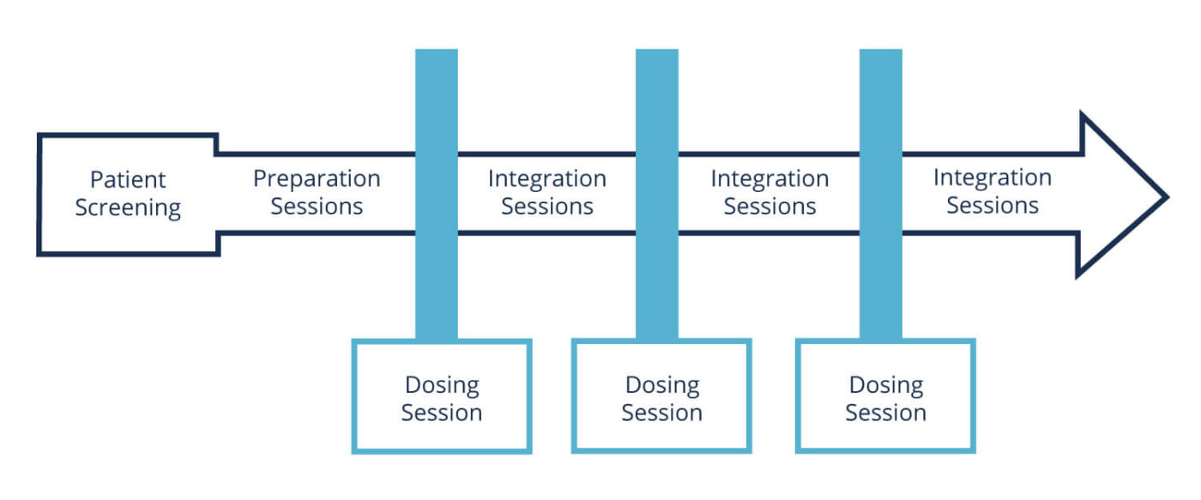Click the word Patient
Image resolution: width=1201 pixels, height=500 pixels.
point(128,179)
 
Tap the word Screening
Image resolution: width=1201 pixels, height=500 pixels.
point(128,208)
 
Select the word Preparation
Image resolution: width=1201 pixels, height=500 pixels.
point(317,179)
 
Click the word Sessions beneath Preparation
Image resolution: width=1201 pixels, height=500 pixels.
point(317,207)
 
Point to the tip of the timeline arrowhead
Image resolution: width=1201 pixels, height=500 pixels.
point(1168,196)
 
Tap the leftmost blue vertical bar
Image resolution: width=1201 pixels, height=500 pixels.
point(437,194)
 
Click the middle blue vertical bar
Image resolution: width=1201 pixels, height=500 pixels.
point(657,194)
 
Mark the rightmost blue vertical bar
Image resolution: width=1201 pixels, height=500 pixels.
point(880,194)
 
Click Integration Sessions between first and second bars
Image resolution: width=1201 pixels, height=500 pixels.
point(547,192)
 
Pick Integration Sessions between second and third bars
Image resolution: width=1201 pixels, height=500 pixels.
point(770,192)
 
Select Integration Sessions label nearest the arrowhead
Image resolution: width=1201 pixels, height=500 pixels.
point(993,191)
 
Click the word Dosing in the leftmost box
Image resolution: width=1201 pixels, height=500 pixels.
point(442,386)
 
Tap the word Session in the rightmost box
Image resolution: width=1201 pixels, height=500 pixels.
point(885,413)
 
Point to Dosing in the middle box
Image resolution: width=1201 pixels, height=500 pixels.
point(662,386)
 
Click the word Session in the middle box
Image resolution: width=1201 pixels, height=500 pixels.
point(661,413)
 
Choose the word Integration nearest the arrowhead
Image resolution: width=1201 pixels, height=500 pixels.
point(993,178)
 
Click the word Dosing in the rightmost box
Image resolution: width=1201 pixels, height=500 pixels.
point(886,386)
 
